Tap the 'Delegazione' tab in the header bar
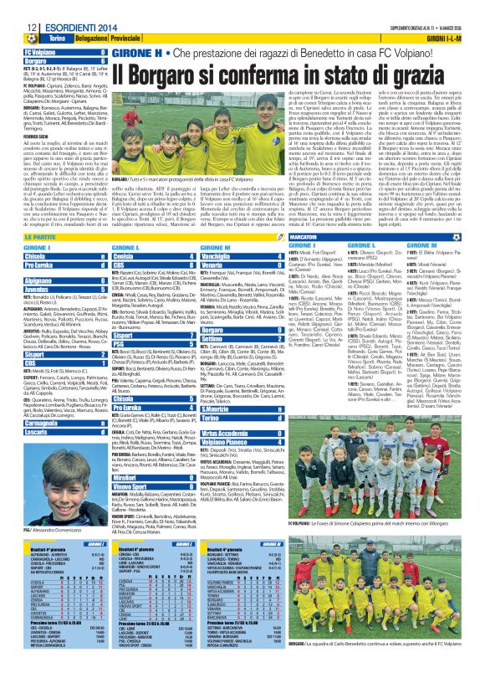(x=91, y=39)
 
